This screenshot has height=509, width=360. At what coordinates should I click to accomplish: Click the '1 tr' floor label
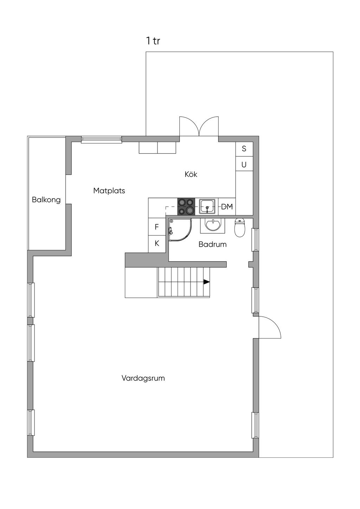[x=153, y=41]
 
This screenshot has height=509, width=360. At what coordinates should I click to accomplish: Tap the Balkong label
[x=46, y=200]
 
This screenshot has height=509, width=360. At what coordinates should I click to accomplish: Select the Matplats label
[x=109, y=191]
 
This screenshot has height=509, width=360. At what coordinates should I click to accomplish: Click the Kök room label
[x=191, y=174]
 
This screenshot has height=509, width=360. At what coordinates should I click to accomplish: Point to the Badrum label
[x=212, y=244]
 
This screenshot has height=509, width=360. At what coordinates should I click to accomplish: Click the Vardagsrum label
[x=143, y=378]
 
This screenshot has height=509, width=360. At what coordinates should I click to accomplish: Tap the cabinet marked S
[x=244, y=149]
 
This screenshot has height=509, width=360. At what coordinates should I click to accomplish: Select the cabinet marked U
[x=244, y=165]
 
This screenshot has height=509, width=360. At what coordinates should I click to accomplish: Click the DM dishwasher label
[x=227, y=207]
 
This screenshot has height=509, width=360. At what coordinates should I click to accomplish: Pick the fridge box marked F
[x=157, y=227]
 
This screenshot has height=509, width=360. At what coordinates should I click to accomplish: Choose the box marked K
[x=157, y=243]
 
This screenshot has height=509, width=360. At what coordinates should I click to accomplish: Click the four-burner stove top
[x=186, y=206]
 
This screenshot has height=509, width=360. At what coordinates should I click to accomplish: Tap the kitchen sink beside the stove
[x=207, y=206]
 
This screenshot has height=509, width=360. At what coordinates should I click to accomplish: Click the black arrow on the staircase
[x=206, y=282]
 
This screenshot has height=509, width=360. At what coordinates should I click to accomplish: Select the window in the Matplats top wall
[x=101, y=140]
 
